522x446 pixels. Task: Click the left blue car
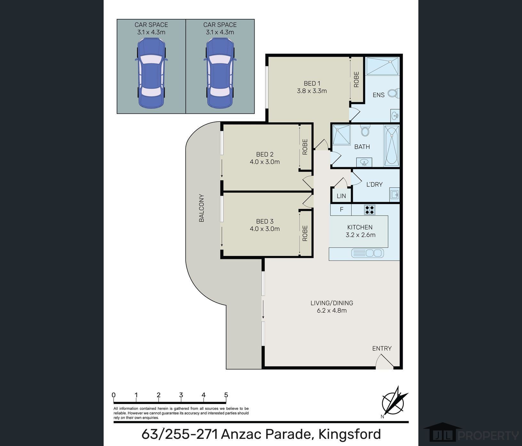tap(151, 73)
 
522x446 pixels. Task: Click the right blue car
tap(220, 73)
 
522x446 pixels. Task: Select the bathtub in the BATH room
tap(392, 146)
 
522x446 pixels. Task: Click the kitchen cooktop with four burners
tap(369, 210)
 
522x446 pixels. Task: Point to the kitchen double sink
tap(368, 253)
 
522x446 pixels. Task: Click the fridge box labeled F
tap(341, 210)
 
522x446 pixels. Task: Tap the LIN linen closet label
tap(341, 196)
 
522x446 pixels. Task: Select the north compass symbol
tap(394, 402)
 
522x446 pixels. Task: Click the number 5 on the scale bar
tap(226, 395)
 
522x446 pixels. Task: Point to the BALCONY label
tap(202, 208)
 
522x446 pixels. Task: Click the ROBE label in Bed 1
tap(356, 79)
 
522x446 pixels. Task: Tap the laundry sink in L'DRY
tap(394, 194)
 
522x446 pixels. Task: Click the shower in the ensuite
tap(382, 66)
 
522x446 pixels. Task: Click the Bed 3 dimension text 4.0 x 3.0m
tap(265, 229)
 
